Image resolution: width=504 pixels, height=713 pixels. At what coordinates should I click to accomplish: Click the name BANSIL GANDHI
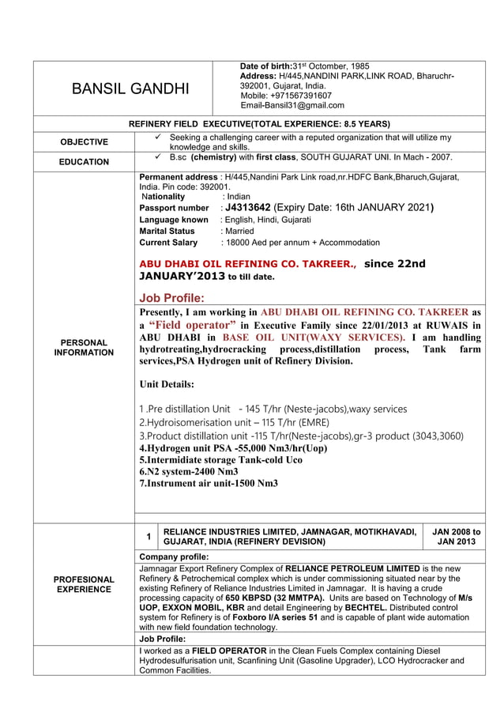130,89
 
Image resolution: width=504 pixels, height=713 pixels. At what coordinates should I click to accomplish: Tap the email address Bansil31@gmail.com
292,106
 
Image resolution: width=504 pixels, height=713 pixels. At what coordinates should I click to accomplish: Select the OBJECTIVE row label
84,142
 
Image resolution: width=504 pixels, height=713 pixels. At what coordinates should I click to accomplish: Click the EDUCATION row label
84,162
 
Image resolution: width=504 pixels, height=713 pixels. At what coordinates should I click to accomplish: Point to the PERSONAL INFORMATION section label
84,348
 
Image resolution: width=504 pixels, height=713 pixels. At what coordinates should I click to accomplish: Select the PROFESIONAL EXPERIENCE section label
84,584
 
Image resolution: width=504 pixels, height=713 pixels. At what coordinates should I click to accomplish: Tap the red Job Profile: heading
171,298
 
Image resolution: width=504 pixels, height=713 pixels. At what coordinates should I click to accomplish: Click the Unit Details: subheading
167,384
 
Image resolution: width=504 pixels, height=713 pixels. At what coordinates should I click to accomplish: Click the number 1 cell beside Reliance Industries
147,538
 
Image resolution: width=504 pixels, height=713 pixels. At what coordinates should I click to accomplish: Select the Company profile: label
173,557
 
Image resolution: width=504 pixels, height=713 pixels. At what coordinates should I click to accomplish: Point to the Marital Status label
167,231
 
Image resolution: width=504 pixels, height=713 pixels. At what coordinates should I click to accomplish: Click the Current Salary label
168,243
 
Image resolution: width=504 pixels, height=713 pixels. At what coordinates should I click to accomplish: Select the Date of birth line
303,66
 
